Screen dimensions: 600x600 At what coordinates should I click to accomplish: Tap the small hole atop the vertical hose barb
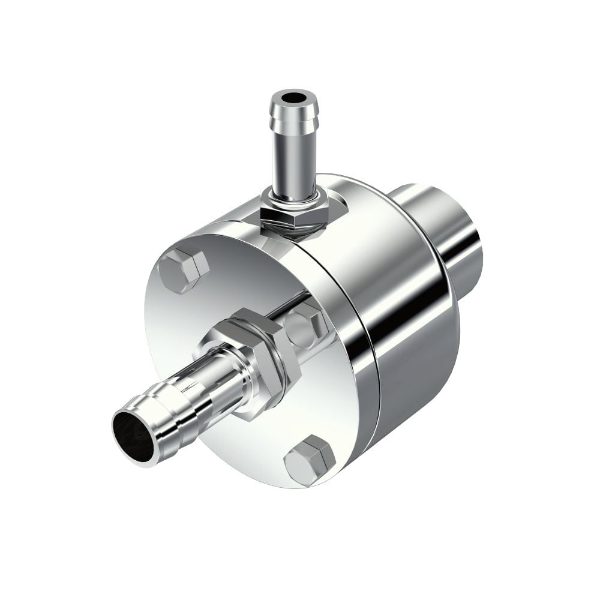click(x=293, y=97)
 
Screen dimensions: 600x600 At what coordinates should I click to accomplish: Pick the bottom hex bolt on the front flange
click(x=310, y=459)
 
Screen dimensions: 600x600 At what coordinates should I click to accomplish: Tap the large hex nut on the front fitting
click(x=264, y=354)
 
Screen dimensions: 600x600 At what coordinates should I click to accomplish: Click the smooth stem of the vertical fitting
click(x=293, y=162)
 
